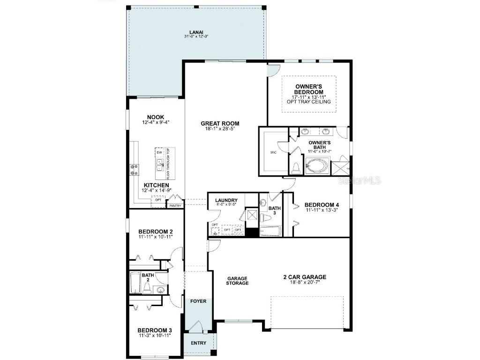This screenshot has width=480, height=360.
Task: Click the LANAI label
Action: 195,31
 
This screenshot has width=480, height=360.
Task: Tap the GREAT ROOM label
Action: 217,124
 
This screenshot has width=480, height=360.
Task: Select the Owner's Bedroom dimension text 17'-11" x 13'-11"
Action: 309,97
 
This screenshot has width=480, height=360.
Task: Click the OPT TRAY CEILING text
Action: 309,102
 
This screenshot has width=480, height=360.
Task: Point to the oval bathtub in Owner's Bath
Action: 318,165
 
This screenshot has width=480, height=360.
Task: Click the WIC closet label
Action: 273,152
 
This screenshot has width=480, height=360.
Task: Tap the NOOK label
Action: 155,117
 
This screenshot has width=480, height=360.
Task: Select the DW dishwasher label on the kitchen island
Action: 159,152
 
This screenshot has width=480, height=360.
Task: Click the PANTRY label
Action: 175,205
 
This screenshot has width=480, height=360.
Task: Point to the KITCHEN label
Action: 156,185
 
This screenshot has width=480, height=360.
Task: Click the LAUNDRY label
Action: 226,200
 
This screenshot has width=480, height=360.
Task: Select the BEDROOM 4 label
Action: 321,205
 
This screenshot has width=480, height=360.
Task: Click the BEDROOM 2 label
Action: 156,232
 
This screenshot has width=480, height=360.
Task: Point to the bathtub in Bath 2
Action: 135,283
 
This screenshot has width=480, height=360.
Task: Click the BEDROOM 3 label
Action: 155,330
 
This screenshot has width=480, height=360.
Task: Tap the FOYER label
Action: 198,302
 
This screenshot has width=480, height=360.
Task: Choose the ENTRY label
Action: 198,343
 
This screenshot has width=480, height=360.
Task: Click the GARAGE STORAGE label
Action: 237,280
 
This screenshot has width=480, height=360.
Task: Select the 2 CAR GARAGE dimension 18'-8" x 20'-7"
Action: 304,283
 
